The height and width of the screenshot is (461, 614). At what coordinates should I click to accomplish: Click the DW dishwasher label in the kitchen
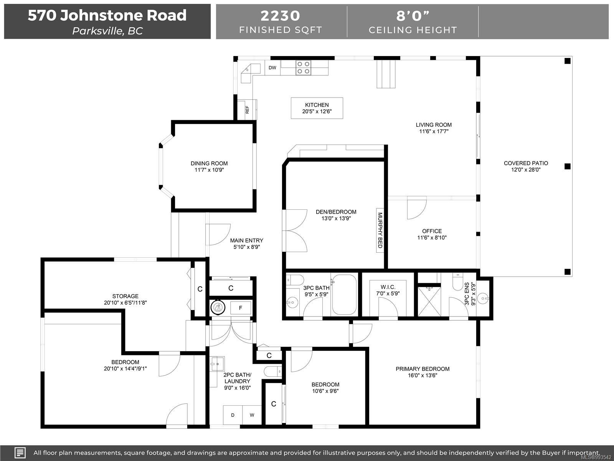tap(272, 68)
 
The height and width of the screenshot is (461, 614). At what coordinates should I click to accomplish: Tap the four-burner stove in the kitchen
tap(303, 68)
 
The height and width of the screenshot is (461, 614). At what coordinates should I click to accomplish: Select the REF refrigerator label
tap(247, 109)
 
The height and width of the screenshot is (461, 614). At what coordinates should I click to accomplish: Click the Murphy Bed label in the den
tap(380, 230)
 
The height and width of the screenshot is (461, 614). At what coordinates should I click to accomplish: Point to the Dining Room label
tap(209, 164)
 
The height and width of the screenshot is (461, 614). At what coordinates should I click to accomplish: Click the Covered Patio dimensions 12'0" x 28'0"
tap(526, 170)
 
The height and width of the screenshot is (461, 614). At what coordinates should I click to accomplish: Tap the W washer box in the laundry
tap(252, 415)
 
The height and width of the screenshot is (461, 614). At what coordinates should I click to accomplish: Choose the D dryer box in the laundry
tap(233, 415)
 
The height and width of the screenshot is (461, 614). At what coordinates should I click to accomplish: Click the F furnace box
tap(241, 308)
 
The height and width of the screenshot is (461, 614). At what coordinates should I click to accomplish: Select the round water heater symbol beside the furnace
tap(218, 307)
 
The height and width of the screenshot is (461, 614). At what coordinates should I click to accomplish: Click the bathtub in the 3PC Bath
tap(344, 295)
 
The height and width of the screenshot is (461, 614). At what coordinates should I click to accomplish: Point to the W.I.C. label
tap(388, 287)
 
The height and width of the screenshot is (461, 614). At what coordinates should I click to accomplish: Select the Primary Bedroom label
tap(423, 369)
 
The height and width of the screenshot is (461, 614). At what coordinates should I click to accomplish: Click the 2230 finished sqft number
tap(280, 16)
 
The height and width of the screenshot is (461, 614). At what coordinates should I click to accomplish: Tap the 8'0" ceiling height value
tap(413, 16)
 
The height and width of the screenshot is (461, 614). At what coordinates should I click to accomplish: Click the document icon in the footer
tap(20, 453)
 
